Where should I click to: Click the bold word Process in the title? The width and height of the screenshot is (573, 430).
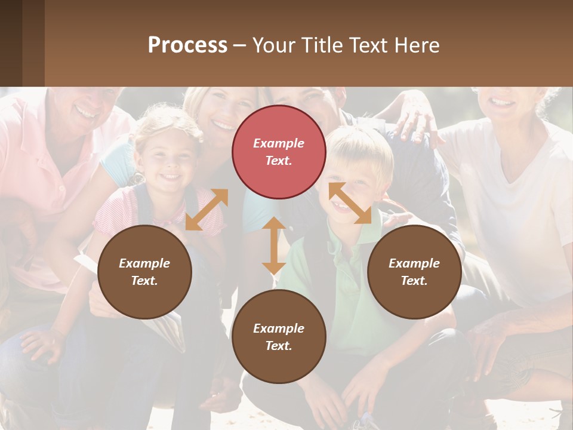[x=187, y=45]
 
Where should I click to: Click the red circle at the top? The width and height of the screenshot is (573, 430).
[x=279, y=152]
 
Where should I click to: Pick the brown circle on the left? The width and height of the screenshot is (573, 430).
[x=144, y=272]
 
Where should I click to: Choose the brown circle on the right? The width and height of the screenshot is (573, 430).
[x=414, y=272]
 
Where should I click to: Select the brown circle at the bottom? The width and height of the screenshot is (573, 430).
[x=279, y=336]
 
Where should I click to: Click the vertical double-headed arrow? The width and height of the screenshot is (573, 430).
[x=273, y=245]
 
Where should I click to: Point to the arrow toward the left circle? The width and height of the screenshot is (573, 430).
[x=207, y=209]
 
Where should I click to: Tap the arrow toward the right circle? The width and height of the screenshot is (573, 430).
[x=350, y=203]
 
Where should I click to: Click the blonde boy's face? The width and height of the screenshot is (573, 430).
[x=352, y=179]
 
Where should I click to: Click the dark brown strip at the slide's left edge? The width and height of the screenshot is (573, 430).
[x=11, y=43]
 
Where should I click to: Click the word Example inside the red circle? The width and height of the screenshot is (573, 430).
[x=279, y=143]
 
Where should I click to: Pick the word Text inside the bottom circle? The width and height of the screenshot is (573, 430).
[x=278, y=346]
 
